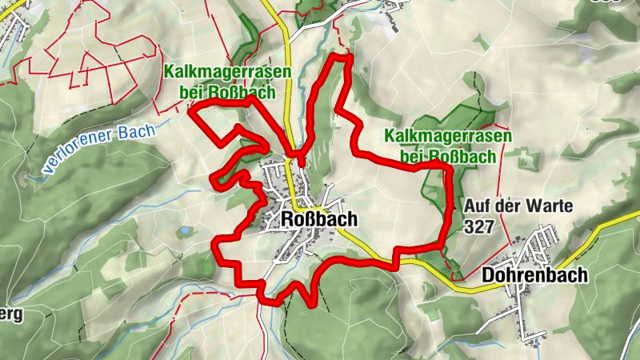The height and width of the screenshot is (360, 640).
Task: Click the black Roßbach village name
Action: click(318, 219)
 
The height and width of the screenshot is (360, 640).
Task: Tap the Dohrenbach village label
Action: click(534, 275)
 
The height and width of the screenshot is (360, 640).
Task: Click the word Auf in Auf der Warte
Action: click(477, 206)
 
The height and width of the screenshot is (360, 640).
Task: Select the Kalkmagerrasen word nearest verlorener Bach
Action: click(225, 71)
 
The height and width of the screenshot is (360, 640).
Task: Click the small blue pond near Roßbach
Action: click(186, 230)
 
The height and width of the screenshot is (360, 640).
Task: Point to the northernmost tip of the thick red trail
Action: click(342, 55)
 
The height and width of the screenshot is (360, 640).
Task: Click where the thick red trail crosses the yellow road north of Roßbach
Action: click(297, 157)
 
